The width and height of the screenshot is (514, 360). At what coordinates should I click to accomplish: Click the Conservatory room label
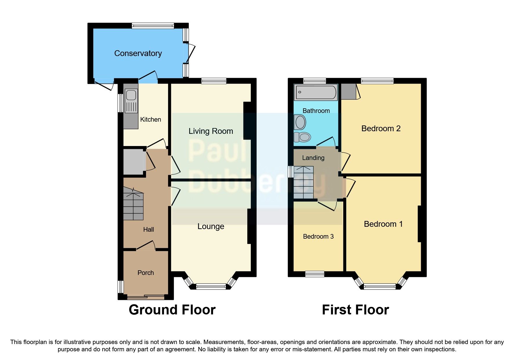click(x=138, y=53)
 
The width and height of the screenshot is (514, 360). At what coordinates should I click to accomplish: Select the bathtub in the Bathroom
click(x=316, y=92)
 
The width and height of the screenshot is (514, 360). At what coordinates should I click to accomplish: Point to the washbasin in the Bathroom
click(x=300, y=122)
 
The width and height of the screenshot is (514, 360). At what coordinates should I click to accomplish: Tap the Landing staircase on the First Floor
click(x=304, y=182)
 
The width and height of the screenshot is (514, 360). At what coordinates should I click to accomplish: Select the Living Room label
click(x=211, y=131)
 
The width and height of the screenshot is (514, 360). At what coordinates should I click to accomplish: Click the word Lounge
click(x=211, y=226)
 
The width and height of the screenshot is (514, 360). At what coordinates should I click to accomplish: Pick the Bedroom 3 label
click(x=318, y=237)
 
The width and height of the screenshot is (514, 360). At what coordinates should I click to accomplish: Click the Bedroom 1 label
click(x=383, y=224)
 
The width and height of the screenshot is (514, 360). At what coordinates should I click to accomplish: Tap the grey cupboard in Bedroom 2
click(x=348, y=91)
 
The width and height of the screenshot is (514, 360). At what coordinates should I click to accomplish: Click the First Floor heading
click(x=355, y=310)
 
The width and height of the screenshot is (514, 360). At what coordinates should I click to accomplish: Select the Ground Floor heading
click(x=172, y=310)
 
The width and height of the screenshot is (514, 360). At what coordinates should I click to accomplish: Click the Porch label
click(x=145, y=273)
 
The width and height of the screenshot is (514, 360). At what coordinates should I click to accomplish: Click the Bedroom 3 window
click(x=315, y=274)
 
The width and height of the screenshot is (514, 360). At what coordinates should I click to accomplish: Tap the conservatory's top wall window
click(x=153, y=26)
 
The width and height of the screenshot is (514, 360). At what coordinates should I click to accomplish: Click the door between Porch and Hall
click(x=146, y=246)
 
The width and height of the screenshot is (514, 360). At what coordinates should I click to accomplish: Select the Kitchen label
click(x=150, y=120)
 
